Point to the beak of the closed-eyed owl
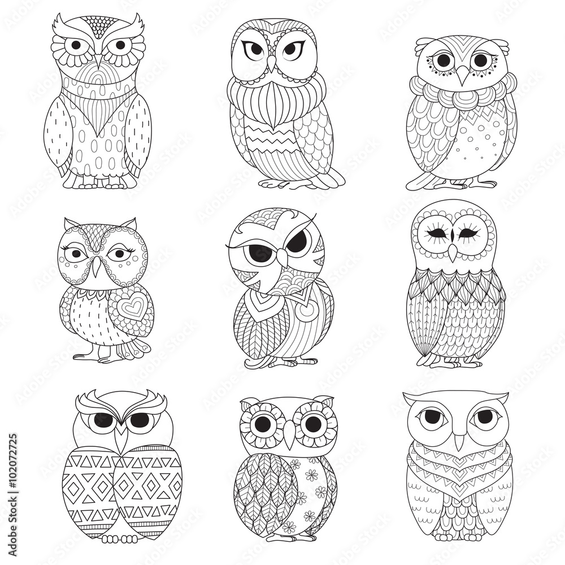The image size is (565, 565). (x=453, y=250)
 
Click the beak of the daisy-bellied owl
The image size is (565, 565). (x=289, y=434)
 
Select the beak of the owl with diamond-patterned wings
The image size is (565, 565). (x=121, y=438)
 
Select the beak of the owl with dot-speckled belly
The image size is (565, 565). (x=463, y=76)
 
